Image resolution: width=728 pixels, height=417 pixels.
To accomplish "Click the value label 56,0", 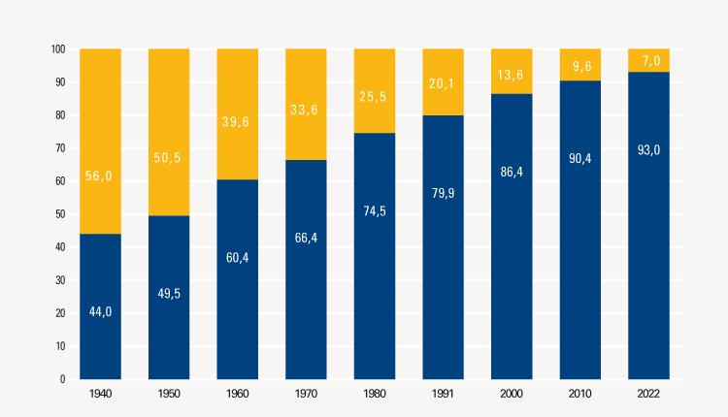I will [x=100, y=148].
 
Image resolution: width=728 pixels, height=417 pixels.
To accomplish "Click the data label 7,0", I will [x=648, y=60].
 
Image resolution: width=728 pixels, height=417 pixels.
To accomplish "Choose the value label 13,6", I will [x=512, y=74].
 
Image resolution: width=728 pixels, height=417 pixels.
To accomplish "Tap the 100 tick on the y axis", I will [x=57, y=49].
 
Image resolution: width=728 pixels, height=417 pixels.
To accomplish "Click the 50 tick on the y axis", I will [x=59, y=214].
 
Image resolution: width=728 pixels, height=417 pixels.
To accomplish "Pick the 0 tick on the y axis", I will [x=62, y=379].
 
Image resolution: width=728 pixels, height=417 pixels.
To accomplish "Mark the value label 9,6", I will [x=580, y=67].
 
